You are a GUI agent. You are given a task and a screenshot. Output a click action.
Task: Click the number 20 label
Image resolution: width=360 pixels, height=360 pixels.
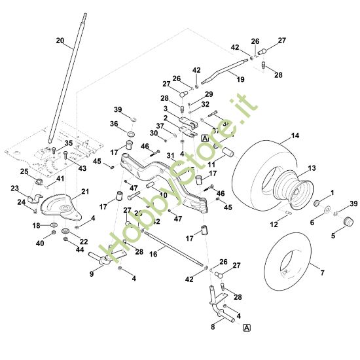tap(60, 41)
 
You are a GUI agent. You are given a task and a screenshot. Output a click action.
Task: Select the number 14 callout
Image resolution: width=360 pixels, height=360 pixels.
tap(295, 135)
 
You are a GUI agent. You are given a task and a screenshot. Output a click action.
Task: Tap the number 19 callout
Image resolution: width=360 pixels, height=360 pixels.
tap(240, 79)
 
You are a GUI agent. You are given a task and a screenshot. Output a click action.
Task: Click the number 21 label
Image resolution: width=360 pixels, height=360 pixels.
tap(84, 191)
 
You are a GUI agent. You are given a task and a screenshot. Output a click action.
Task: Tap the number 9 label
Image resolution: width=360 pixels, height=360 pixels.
tap(92, 274)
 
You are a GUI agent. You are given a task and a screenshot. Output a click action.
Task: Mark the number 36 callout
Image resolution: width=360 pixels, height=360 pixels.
tap(113, 124)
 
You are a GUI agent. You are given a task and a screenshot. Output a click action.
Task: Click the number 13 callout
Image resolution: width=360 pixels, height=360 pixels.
tap(312, 168)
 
